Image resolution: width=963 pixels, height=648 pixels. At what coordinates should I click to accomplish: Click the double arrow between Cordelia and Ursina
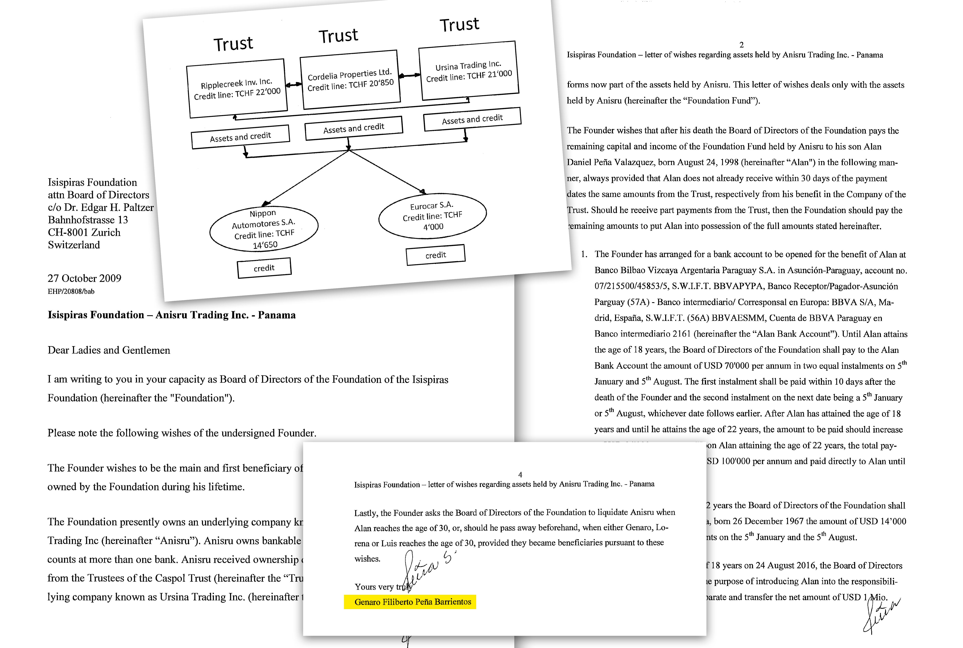[x=409, y=75]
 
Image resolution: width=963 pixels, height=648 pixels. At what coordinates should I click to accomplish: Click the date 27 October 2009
[x=84, y=278]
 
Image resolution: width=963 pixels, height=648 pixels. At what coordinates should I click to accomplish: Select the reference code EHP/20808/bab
[x=71, y=291]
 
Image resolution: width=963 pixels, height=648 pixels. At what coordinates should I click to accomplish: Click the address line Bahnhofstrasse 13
[x=88, y=220]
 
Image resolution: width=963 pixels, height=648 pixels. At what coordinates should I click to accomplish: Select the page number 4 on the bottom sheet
[x=520, y=474]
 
